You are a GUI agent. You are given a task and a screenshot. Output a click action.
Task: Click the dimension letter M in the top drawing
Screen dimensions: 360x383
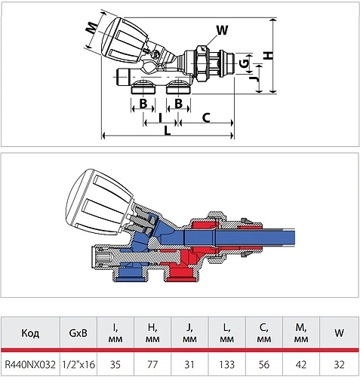(x=92, y=28)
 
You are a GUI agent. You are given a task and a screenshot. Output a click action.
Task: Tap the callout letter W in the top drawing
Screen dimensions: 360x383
(x=222, y=30)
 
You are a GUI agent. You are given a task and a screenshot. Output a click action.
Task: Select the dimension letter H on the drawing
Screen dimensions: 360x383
(x=269, y=55)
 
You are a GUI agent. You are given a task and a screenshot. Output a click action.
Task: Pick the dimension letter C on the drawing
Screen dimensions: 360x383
(x=206, y=118)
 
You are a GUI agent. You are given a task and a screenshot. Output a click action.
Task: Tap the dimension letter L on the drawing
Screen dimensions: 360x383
(x=168, y=130)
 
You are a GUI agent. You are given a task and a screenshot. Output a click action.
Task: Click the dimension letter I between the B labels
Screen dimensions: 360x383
(x=161, y=118)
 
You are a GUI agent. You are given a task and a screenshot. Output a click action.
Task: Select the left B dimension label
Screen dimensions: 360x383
(x=143, y=103)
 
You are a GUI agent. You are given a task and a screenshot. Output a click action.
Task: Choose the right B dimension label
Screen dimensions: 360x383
(x=178, y=103)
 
